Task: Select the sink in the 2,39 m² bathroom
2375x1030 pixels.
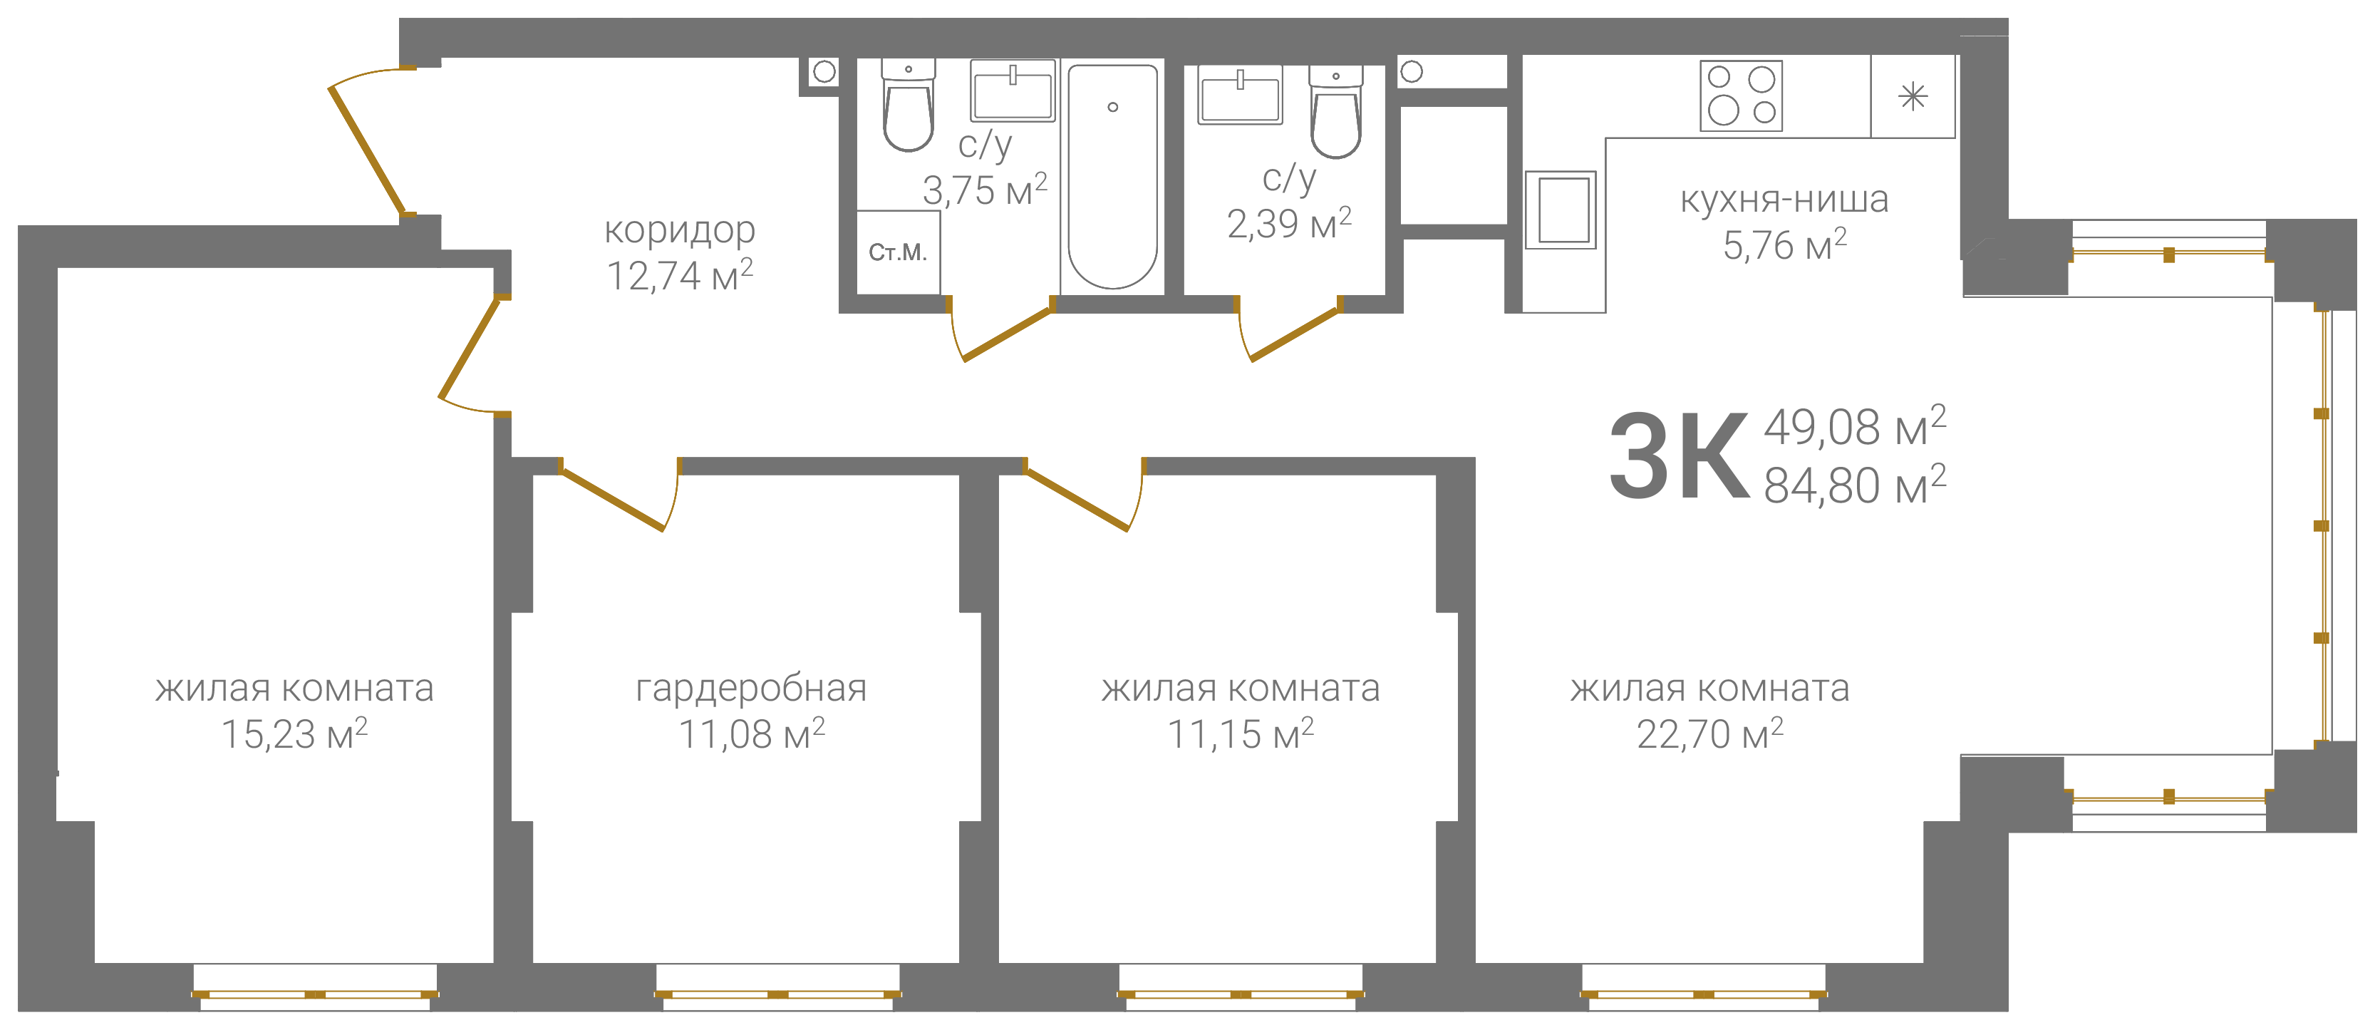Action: click(1239, 95)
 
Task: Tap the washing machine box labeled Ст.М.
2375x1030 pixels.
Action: click(898, 252)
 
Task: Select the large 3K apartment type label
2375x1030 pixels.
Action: click(1679, 455)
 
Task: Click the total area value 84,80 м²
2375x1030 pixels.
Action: click(1854, 485)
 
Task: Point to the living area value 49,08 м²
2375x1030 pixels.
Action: click(1854, 427)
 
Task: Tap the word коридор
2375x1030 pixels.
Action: click(680, 230)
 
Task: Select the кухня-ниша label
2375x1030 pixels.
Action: click(1784, 199)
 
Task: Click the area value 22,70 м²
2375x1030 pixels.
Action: click(1709, 735)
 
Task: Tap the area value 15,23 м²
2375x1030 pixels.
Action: click(294, 735)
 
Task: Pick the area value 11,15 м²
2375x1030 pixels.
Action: click(1240, 735)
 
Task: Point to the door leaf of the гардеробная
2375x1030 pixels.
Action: click(612, 500)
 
